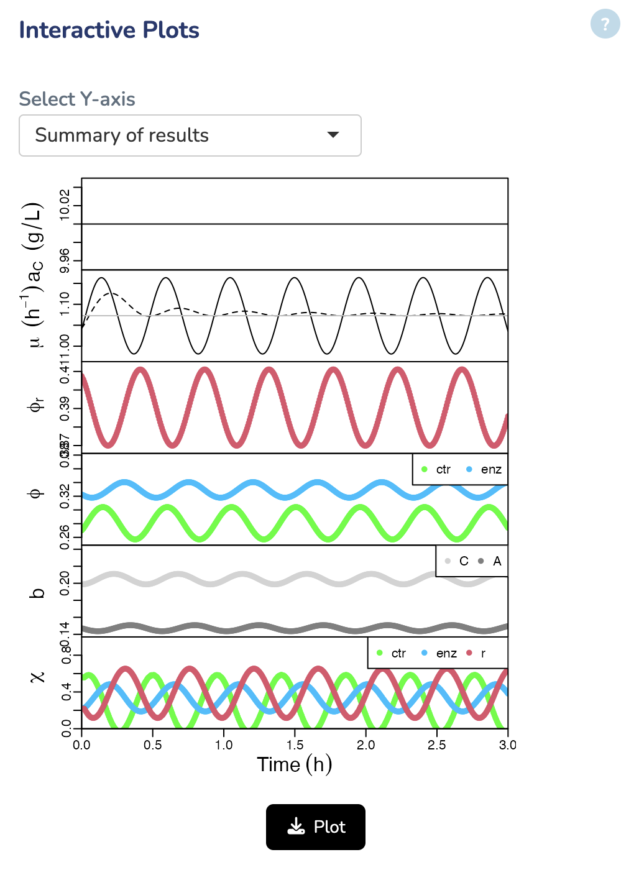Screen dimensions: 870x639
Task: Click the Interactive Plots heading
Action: [109, 30]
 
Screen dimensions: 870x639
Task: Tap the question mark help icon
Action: [605, 24]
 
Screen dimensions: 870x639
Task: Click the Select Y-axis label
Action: [77, 99]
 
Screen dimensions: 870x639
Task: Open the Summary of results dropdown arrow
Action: [333, 135]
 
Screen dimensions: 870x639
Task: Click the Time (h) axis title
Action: [294, 764]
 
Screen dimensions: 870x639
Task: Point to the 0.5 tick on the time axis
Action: [153, 744]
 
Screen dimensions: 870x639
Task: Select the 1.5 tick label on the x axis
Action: [295, 744]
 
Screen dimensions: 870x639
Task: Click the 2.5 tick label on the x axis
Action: [437, 744]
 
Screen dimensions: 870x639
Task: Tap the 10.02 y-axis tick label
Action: [64, 205]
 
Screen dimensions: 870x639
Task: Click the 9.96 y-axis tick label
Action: [64, 260]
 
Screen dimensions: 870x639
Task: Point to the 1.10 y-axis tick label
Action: [64, 304]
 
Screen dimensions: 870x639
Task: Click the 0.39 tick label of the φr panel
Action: [64, 408]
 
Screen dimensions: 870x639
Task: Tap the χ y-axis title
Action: [37, 676]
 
